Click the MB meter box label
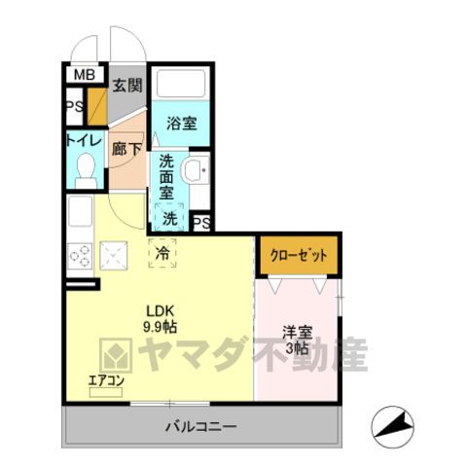pos(85,75)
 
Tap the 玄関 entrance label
pos(127,86)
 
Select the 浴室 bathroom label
pos(182,124)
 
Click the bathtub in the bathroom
pos(181,83)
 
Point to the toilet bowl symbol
pos(86,170)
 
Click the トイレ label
pos(85,141)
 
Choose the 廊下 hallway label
pos(126,149)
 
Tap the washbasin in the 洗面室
pos(197,170)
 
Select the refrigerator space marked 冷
pos(162,253)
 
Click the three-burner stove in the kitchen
pos(80,257)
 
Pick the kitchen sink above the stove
pos(80,212)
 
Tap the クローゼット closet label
pos(299,256)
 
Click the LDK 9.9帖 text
pos(161,319)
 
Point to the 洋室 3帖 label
pos(297,341)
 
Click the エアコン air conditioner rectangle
pos(106,392)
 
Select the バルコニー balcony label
pos(201,426)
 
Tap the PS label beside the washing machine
pos(201,223)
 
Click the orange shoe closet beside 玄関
pos(97,107)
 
